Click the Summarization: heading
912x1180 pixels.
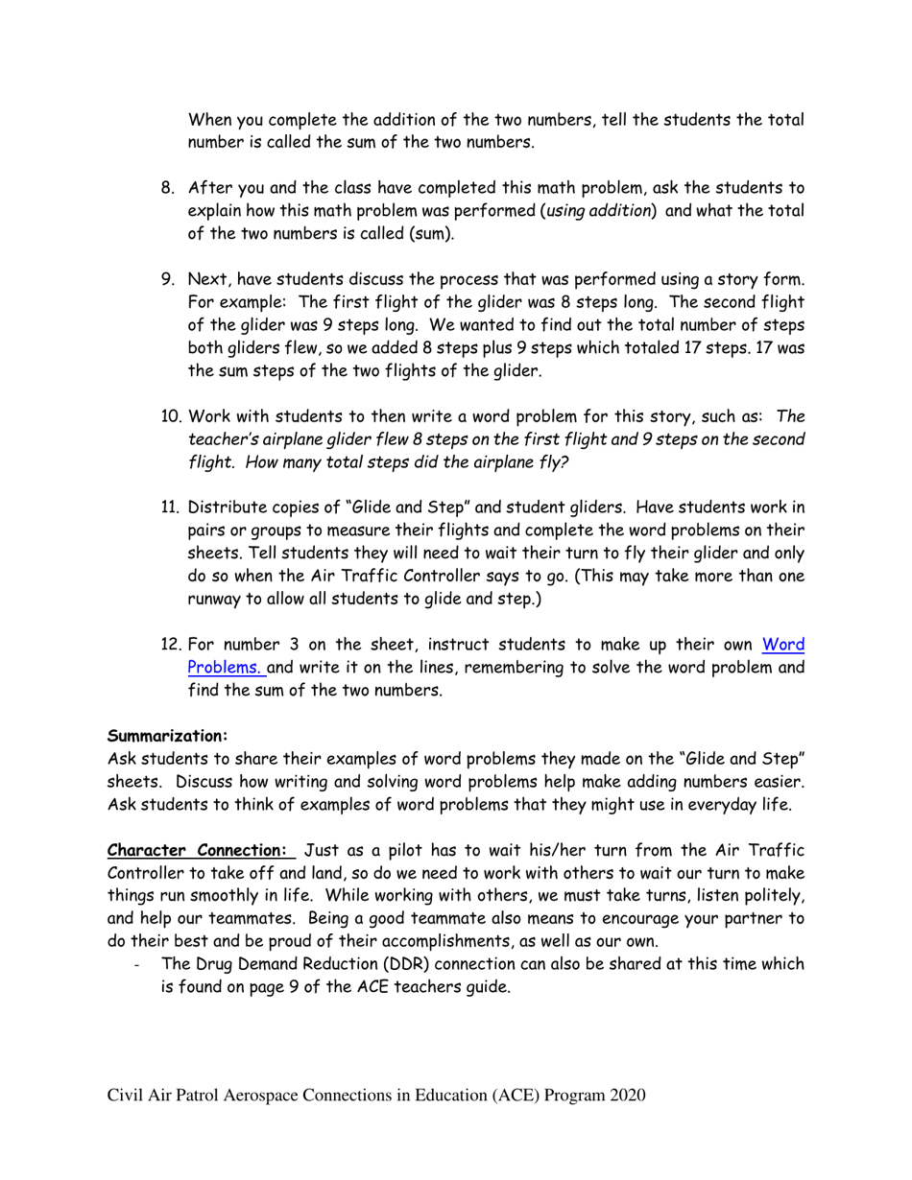(167, 737)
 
